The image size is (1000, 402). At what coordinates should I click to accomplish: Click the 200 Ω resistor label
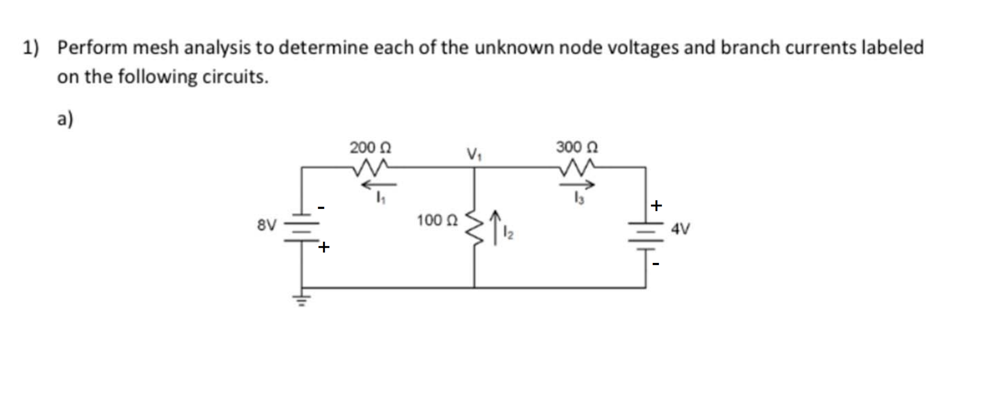click(x=370, y=147)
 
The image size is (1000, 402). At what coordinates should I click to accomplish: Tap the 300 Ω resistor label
click(x=577, y=147)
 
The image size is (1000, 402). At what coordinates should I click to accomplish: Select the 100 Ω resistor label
click(x=437, y=220)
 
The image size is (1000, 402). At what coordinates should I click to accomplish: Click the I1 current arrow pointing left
click(x=379, y=185)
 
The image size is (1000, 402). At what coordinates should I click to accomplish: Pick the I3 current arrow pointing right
click(x=577, y=185)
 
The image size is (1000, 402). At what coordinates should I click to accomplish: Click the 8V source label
click(x=266, y=225)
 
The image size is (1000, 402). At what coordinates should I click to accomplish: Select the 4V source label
click(x=681, y=229)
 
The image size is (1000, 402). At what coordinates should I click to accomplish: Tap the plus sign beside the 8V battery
click(x=324, y=247)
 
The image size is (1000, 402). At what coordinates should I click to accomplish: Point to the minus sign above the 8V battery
click(x=321, y=208)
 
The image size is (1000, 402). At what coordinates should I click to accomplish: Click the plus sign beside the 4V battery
click(x=656, y=205)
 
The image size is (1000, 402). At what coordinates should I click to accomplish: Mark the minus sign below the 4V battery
click(x=655, y=264)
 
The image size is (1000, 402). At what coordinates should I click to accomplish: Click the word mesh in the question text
click(x=155, y=48)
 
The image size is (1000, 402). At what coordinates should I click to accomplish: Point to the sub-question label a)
click(x=65, y=119)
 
